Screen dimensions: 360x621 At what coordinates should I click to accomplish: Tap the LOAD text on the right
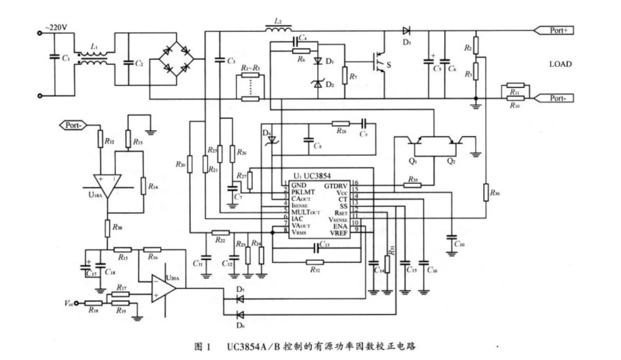(x=561, y=64)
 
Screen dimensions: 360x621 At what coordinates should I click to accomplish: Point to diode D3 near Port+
(x=405, y=30)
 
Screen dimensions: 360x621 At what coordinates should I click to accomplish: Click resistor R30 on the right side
(x=484, y=192)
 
